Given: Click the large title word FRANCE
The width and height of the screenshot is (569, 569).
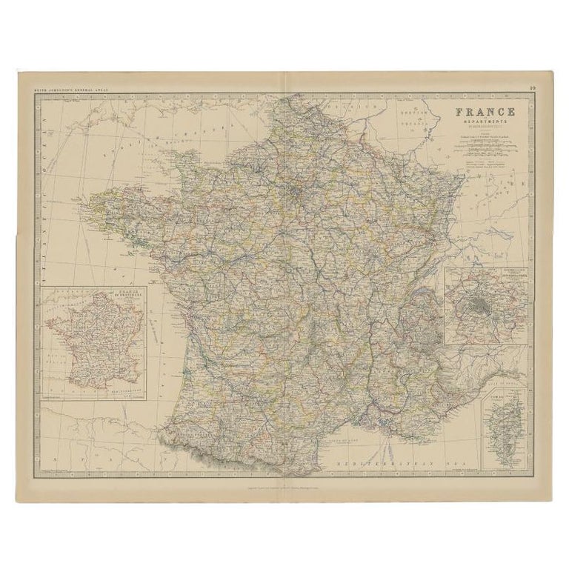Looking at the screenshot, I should point(485,112).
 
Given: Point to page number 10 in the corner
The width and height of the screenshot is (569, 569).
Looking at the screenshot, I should point(533,88).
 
